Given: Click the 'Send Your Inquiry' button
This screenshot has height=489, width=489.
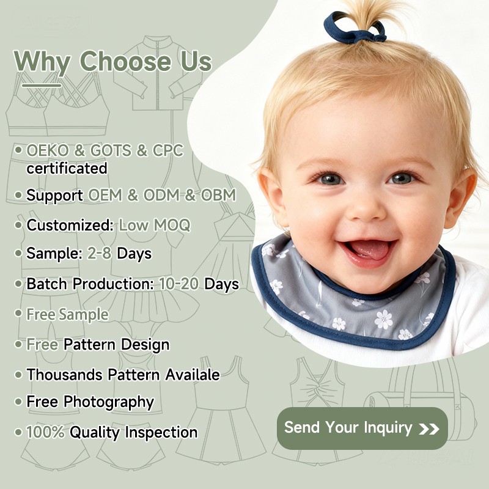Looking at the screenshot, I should pyautogui.click(x=362, y=428).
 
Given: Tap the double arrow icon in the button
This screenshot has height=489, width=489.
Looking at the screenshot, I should pyautogui.click(x=429, y=428).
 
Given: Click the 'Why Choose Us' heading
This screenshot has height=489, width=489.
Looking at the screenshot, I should pyautogui.click(x=113, y=61).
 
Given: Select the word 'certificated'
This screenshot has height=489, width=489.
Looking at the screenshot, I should pyautogui.click(x=67, y=168).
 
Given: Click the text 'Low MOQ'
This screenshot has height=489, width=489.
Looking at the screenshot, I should pyautogui.click(x=155, y=225).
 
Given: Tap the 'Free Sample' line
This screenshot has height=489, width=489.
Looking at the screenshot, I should pyautogui.click(x=67, y=314).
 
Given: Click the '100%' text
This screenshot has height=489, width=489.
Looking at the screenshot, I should pyautogui.click(x=45, y=432).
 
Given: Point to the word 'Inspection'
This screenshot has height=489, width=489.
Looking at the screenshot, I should pyautogui.click(x=161, y=432).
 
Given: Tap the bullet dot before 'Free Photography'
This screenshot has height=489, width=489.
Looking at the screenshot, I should pyautogui.click(x=18, y=402).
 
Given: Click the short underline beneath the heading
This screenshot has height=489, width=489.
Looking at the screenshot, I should pyautogui.click(x=38, y=85).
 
